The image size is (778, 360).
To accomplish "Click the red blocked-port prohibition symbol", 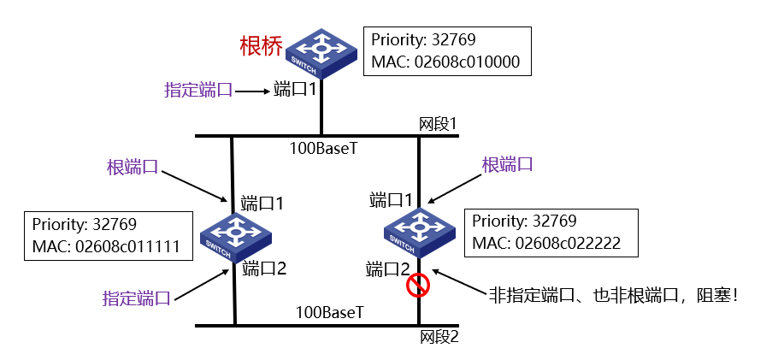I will [418, 286].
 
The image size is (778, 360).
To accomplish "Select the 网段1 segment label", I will [438, 125].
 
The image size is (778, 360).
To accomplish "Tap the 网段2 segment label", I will [439, 336].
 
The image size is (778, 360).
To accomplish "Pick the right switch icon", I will [418, 228].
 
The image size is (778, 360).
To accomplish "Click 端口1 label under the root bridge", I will [295, 89].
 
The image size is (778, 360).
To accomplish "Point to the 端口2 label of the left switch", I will [263, 269].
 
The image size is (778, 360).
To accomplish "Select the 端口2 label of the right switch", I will [389, 269].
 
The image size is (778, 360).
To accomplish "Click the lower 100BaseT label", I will [330, 313].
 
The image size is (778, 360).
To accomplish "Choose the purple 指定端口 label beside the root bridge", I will [197, 89].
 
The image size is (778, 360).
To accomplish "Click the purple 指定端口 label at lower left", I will [136, 298].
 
